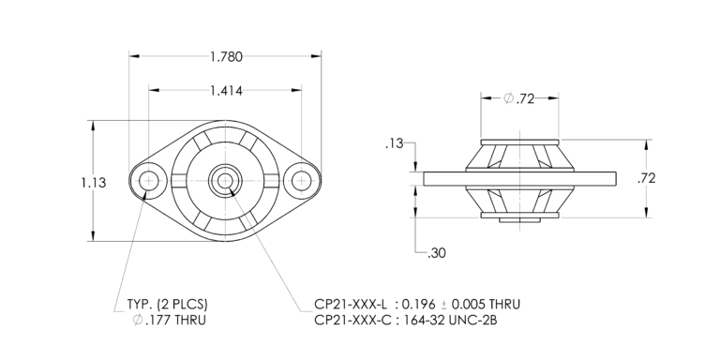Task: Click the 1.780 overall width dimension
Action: pyautogui.click(x=225, y=56)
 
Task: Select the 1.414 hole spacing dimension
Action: pyautogui.click(x=225, y=90)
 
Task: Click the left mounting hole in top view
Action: pyautogui.click(x=149, y=180)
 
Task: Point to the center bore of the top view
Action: pyautogui.click(x=225, y=180)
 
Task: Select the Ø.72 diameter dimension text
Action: pyautogui.click(x=518, y=98)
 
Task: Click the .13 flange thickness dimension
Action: pyautogui.click(x=394, y=143)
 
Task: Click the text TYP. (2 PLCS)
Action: pyautogui.click(x=166, y=305)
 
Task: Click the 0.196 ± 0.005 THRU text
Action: pyautogui.click(x=459, y=305)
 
